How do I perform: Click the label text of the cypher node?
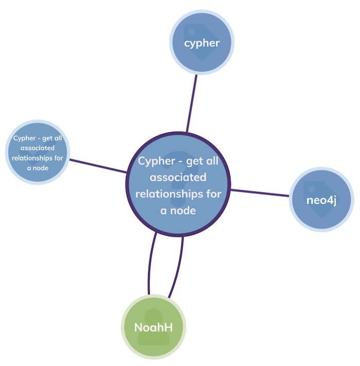click(202, 43)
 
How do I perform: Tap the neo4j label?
click(321, 201)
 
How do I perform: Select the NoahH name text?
click(154, 327)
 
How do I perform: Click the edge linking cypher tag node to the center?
click(192, 103)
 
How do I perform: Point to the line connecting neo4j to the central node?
click(260, 193)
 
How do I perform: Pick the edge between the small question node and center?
click(98, 166)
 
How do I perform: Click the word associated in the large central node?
click(178, 178)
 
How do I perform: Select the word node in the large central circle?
click(183, 211)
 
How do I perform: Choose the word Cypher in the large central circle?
click(156, 162)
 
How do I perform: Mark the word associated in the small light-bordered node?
click(38, 148)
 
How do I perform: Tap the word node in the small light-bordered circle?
click(41, 168)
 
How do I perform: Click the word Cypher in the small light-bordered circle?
click(25, 138)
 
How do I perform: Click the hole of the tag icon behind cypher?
click(192, 31)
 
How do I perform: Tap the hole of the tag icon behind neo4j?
click(312, 188)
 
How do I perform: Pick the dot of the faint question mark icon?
click(178, 201)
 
